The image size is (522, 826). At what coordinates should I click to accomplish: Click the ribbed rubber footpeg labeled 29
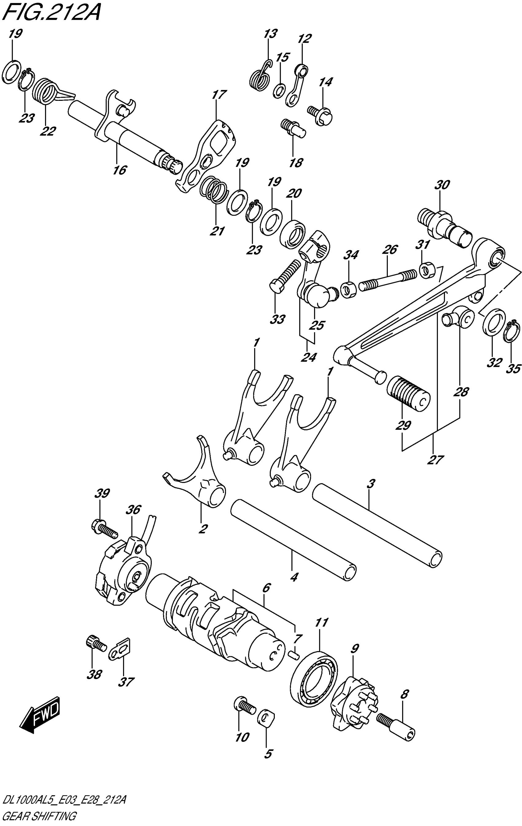point(408,393)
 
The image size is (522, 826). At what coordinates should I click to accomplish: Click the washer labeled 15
point(280,91)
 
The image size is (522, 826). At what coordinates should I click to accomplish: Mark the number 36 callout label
point(133,510)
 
